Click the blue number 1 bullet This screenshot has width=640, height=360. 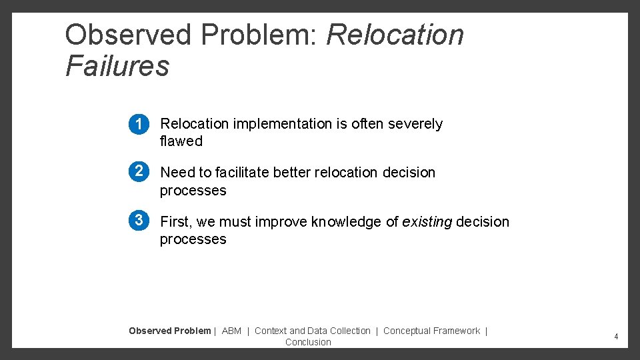pyautogui.click(x=139, y=125)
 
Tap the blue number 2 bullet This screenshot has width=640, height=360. pyautogui.click(x=139, y=171)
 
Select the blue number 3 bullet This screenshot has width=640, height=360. pyautogui.click(x=139, y=220)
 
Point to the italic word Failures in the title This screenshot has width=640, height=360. pyautogui.click(x=117, y=66)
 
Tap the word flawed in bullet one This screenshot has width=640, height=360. pyautogui.click(x=181, y=141)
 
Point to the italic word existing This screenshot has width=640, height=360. pyautogui.click(x=427, y=222)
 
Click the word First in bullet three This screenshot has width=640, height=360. pyautogui.click(x=176, y=222)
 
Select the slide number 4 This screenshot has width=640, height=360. pyautogui.click(x=616, y=337)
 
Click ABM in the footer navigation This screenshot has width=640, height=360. pyautogui.click(x=231, y=331)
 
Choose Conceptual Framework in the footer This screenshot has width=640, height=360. pyautogui.click(x=431, y=331)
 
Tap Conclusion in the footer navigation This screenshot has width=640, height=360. pyautogui.click(x=308, y=342)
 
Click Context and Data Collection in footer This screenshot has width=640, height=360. pyautogui.click(x=312, y=331)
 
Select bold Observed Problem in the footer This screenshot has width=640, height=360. pyautogui.click(x=169, y=331)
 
